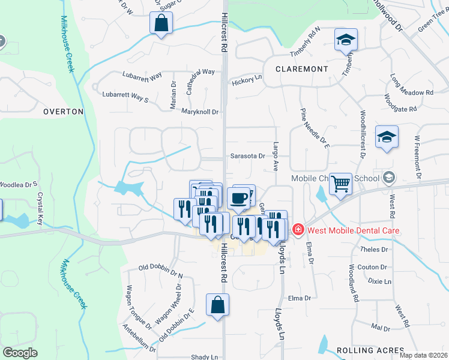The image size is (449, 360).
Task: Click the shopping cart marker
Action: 340,184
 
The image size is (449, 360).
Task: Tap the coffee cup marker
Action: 238,198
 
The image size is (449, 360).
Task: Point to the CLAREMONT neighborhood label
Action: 302,69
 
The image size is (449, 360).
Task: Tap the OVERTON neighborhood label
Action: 63,112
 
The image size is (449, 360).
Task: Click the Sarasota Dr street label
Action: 247,156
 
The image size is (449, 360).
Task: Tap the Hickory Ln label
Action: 247,79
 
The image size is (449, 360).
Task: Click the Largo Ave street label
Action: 276,157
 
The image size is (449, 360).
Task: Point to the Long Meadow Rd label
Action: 411,85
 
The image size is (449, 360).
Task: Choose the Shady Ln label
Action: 204,357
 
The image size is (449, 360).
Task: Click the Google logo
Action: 20,353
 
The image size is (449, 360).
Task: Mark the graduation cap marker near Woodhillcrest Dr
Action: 387,137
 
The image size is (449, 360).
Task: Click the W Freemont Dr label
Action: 417,157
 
